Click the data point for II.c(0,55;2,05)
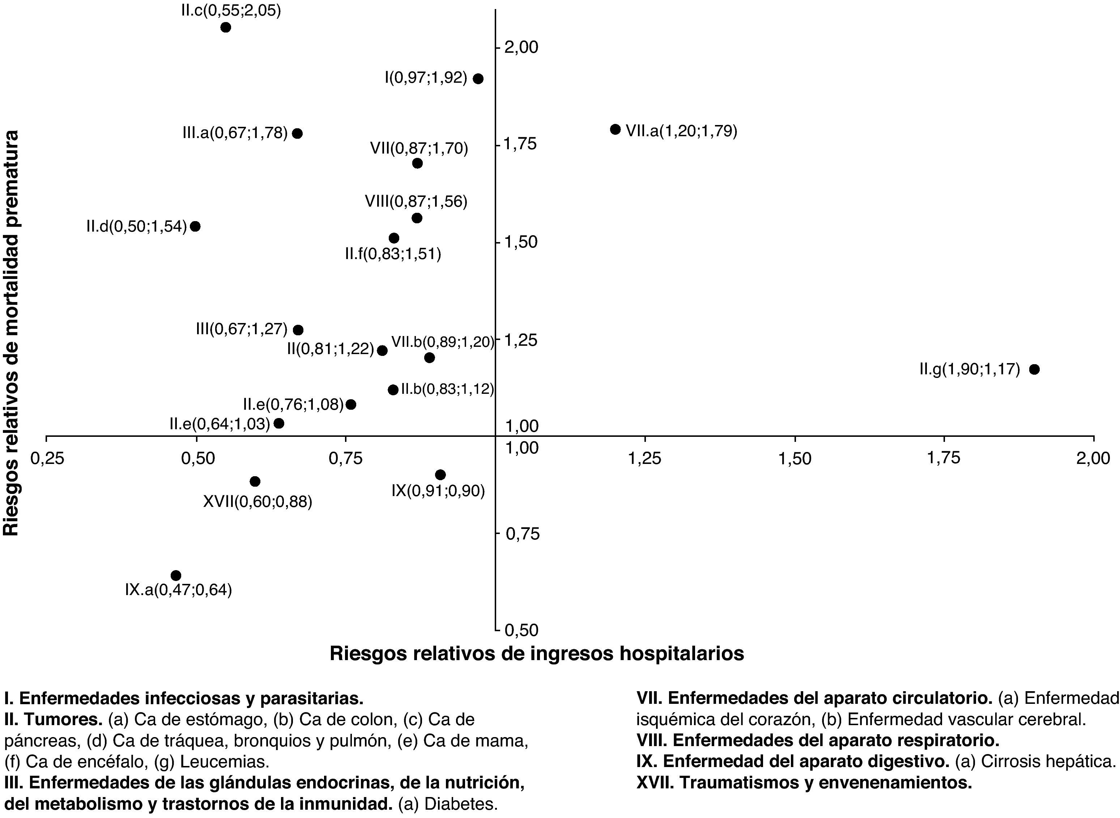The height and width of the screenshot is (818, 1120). click(226, 27)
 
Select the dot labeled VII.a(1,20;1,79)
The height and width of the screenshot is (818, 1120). click(616, 129)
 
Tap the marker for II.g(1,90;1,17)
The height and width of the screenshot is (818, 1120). click(1034, 369)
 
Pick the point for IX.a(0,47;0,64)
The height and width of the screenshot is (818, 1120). click(176, 575)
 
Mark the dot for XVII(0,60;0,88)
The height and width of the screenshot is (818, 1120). click(255, 481)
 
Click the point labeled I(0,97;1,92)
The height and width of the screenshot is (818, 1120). click(478, 79)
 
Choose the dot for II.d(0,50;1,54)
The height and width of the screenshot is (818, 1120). click(195, 226)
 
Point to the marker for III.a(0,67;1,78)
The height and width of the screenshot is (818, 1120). click(297, 133)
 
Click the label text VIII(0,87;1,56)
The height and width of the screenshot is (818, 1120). click(416, 202)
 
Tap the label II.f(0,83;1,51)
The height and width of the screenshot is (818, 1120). click(393, 254)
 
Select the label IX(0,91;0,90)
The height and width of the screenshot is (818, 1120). click(438, 491)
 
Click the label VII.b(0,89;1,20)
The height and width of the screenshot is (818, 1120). click(443, 342)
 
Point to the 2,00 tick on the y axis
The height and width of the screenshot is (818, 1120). click(521, 48)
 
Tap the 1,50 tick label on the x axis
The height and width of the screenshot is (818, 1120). click(795, 459)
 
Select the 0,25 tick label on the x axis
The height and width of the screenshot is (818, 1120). click(47, 459)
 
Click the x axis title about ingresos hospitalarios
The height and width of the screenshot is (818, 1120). click(537, 654)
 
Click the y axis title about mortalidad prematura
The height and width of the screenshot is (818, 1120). click(11, 333)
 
